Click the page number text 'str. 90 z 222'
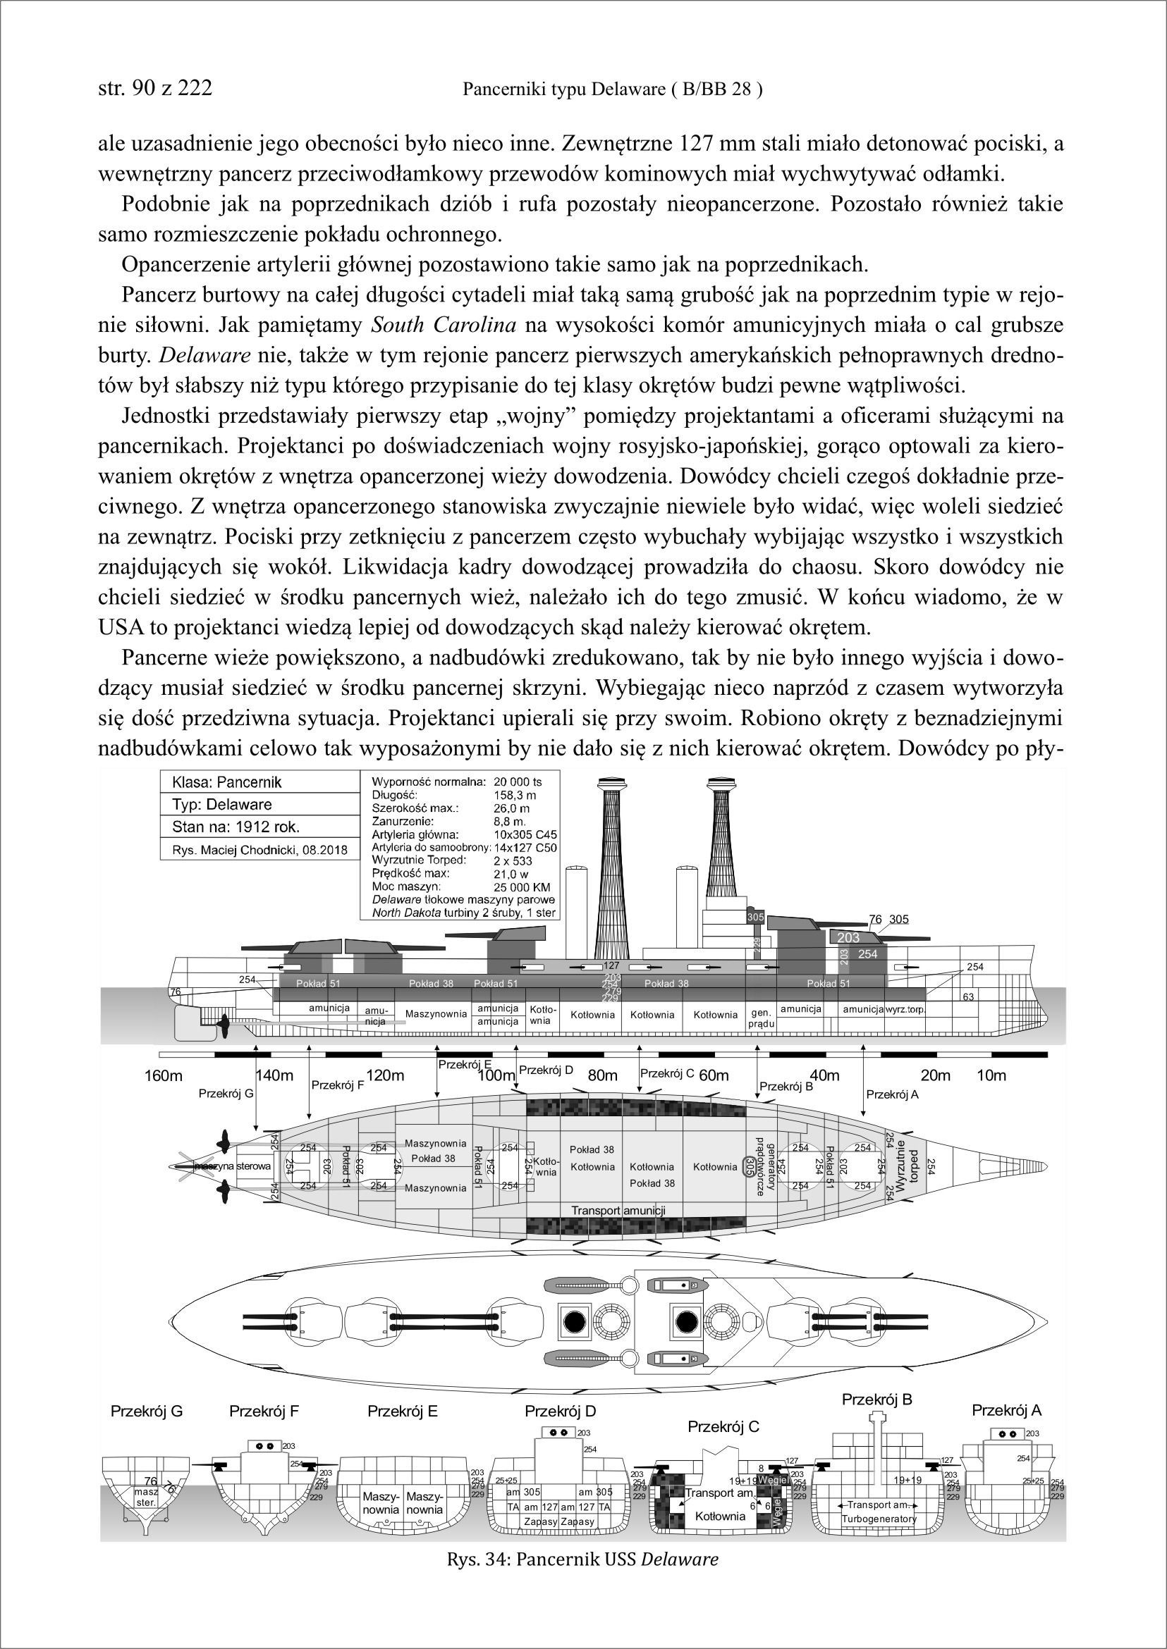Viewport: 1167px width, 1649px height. point(154,87)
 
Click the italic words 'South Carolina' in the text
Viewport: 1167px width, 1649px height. point(443,326)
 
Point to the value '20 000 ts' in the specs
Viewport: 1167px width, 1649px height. point(518,782)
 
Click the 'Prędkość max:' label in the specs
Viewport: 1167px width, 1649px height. point(410,873)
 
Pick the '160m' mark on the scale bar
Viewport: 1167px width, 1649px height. point(163,1075)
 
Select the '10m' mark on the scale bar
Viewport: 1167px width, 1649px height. point(991,1075)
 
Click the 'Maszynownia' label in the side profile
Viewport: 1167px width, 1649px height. point(436,1014)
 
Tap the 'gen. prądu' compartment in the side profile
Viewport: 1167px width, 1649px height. point(760,1018)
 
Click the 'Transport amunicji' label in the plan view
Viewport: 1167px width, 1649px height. point(618,1210)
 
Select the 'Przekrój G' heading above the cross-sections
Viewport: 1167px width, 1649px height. point(147,1412)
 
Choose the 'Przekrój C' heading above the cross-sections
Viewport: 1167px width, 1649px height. point(723,1426)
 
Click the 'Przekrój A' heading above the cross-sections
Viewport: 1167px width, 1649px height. point(1006,1410)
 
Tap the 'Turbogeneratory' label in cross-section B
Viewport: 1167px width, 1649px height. point(879,1519)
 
